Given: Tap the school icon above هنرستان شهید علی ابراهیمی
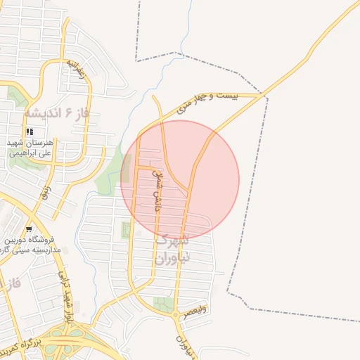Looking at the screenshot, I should [x=30, y=131].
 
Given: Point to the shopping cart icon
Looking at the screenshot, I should [x=28, y=229].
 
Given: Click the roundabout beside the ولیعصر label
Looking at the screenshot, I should [x=175, y=314].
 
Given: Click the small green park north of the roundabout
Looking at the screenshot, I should [x=164, y=304].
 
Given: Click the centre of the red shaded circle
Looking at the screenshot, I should [x=180, y=180].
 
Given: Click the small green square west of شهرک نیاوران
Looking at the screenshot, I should [x=126, y=229].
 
